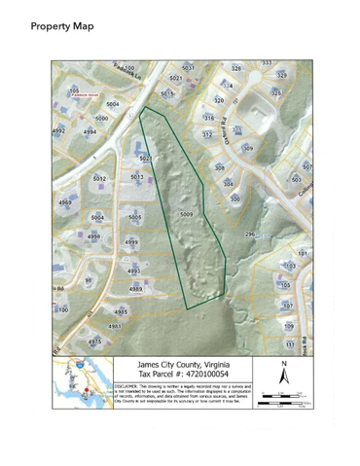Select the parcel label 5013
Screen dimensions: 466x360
click(137, 177)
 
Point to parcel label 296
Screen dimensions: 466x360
click(250, 234)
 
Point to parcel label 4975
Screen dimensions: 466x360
click(94, 341)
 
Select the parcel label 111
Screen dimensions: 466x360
click(289, 343)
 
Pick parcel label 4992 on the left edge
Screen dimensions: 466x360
click(59, 128)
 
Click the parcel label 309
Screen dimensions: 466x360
click(247, 148)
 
